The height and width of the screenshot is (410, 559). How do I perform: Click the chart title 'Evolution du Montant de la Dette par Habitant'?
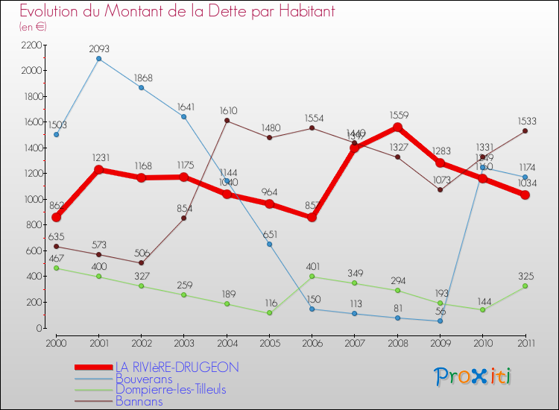pos(177,11)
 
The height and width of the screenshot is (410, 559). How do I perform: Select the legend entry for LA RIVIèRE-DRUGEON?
pos(177,367)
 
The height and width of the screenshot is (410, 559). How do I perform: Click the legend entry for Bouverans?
pos(142,379)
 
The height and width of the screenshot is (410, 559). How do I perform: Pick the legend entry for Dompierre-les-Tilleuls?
pos(171,389)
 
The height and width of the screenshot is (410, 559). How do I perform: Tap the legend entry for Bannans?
pos(139,401)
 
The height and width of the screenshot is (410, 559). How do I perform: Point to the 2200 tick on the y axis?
pos(31,45)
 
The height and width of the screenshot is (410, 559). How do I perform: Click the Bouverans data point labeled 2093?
pos(98,58)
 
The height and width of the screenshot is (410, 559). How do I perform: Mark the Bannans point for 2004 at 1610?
pos(227,121)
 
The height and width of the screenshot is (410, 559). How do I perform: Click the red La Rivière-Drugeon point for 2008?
pos(397,127)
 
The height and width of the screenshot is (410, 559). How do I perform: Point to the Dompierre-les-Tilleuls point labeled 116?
pos(269,313)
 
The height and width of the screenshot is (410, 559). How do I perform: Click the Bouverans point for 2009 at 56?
pos(440,321)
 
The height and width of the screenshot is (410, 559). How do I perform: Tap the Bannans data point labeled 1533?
pos(525,130)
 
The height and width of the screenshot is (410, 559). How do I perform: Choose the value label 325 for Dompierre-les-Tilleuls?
pos(525,274)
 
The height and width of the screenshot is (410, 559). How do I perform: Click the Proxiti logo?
pos(473,376)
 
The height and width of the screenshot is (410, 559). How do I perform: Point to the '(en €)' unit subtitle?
pos(34,27)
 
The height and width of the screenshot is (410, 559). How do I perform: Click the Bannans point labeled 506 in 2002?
pos(142,262)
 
